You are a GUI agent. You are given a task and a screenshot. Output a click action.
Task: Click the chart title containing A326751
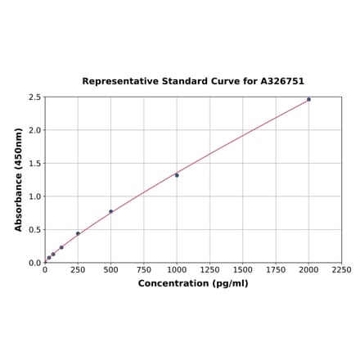coord(193,82)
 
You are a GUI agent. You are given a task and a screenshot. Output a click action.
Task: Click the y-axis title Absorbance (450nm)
coord(19,179)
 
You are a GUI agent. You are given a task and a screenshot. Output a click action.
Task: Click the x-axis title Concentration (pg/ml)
coord(193,283)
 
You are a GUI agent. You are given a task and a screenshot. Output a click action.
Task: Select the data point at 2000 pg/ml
coord(308,100)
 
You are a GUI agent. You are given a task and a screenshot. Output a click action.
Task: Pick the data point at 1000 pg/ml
coord(177,175)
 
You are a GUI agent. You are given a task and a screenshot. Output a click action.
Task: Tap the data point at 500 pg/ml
coord(111,211)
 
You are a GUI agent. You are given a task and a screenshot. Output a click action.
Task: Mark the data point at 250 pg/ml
coord(78,233)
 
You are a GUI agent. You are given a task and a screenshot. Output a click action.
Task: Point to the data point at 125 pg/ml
coord(61,247)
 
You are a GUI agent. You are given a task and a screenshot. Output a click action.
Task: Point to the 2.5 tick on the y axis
coord(35,97)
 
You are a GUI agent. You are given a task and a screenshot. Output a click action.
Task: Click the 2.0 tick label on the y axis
coord(35,130)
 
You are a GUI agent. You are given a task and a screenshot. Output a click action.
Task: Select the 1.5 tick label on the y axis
coord(35,164)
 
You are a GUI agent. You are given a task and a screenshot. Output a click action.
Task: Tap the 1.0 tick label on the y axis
coord(35,196)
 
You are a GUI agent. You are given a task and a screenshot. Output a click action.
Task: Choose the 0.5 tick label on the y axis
coord(35,230)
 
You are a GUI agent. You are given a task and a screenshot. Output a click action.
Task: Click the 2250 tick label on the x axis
coord(341,269)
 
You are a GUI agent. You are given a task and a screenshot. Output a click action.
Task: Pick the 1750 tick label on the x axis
coord(276,269)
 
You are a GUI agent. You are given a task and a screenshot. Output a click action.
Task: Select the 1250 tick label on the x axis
coord(209,269)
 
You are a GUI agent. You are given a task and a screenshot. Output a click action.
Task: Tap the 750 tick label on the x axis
coord(144,269)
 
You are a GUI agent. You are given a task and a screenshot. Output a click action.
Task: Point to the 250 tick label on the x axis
coord(78,269)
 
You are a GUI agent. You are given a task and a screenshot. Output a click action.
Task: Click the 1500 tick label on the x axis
coord(242,269)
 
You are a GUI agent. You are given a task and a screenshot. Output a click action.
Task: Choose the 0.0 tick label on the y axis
coord(35,263)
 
